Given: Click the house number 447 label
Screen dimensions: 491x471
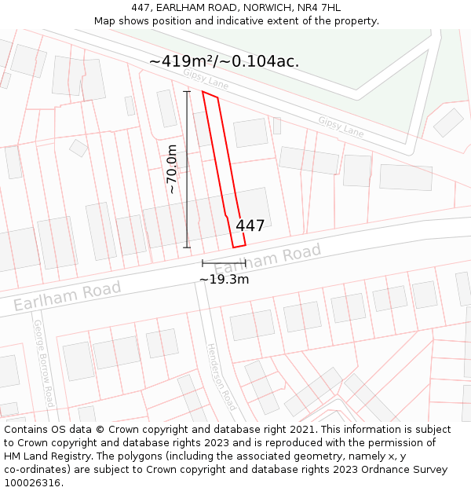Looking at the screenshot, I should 250,226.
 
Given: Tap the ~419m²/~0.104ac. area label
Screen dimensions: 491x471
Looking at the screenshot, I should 224,61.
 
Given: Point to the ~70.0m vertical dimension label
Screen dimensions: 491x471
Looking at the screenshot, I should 172,170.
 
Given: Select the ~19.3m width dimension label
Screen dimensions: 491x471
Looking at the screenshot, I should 224,279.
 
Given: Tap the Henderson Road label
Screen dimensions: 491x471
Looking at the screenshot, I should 221,377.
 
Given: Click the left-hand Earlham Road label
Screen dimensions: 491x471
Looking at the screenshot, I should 68,295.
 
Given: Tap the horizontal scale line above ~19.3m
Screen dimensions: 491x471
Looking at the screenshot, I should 224,262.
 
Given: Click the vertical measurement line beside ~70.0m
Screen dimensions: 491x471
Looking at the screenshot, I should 187,170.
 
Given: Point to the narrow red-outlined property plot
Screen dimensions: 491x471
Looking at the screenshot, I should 224,169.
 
